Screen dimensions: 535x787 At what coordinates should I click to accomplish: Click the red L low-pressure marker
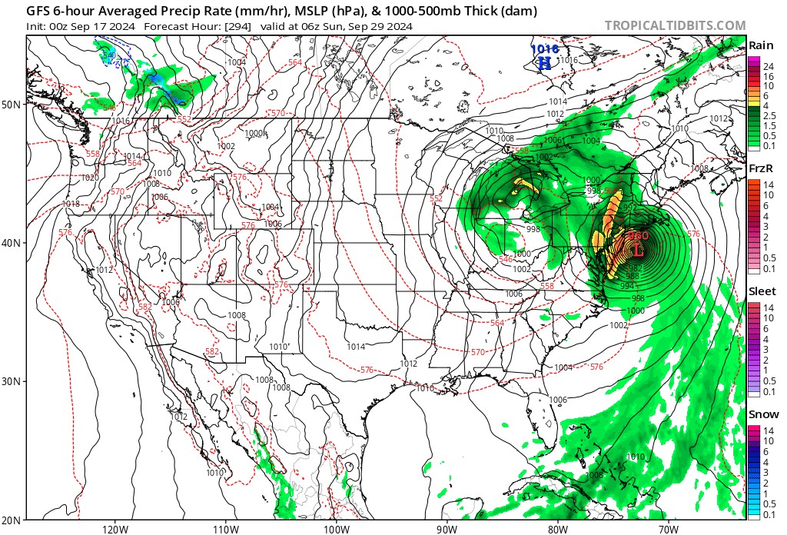[637, 250]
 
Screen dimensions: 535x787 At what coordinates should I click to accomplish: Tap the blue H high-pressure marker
[544, 63]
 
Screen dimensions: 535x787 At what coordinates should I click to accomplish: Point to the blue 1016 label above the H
[544, 48]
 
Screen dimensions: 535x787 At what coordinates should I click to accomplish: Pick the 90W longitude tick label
[447, 528]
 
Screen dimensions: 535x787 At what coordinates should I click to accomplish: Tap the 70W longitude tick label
[668, 528]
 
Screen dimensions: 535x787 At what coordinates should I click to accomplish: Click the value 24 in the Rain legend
[768, 67]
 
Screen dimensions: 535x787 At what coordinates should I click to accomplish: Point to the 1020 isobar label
[68, 178]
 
